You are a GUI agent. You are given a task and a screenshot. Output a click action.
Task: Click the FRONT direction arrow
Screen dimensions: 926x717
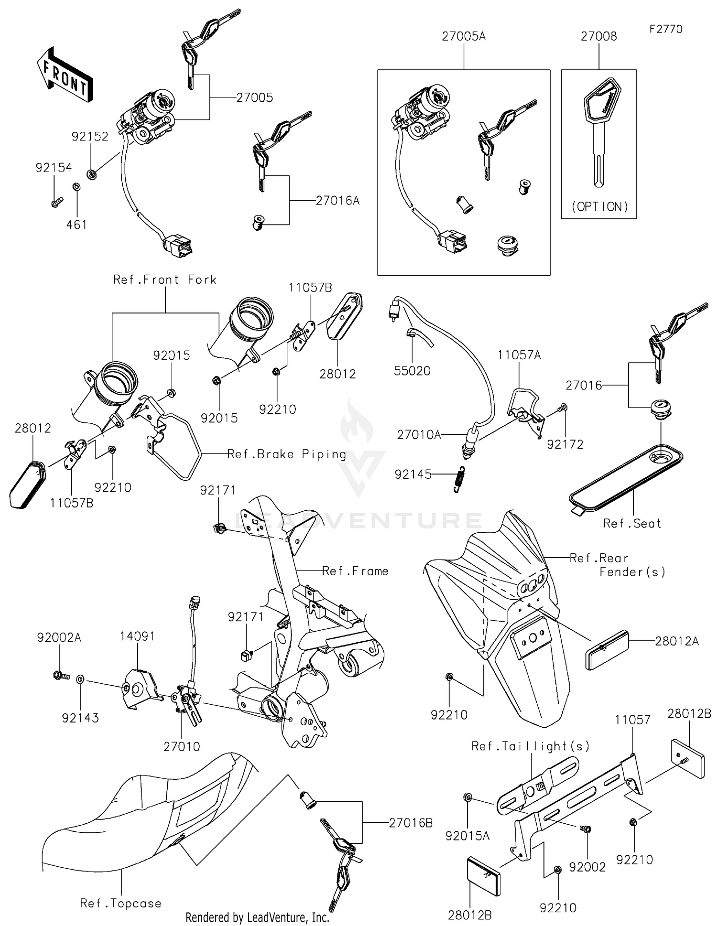click(x=64, y=75)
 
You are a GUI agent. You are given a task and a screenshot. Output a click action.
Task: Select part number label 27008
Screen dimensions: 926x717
click(x=598, y=36)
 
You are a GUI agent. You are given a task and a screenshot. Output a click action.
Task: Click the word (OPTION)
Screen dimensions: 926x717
click(x=600, y=207)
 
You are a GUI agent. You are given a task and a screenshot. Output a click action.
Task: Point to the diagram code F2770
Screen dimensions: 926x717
click(x=666, y=29)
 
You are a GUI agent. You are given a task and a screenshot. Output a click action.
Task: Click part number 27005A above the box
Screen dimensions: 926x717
click(x=463, y=36)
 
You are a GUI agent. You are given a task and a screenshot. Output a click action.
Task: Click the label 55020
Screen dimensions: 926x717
click(x=412, y=371)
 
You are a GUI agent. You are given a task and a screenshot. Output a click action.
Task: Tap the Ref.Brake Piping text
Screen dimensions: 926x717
click(x=286, y=454)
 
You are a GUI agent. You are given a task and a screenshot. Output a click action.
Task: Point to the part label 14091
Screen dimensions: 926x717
click(x=137, y=636)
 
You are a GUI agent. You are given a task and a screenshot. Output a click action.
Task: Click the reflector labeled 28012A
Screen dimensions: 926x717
click(x=607, y=650)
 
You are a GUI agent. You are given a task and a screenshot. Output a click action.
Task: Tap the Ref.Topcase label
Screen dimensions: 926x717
click(x=120, y=903)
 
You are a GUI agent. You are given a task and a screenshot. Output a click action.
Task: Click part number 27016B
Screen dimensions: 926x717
click(x=411, y=823)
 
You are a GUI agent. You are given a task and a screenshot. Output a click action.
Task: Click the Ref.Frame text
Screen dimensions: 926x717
click(x=355, y=571)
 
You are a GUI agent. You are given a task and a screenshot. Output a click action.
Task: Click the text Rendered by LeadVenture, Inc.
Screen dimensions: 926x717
click(x=257, y=917)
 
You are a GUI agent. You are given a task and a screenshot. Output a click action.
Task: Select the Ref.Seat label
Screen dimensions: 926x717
click(x=632, y=524)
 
